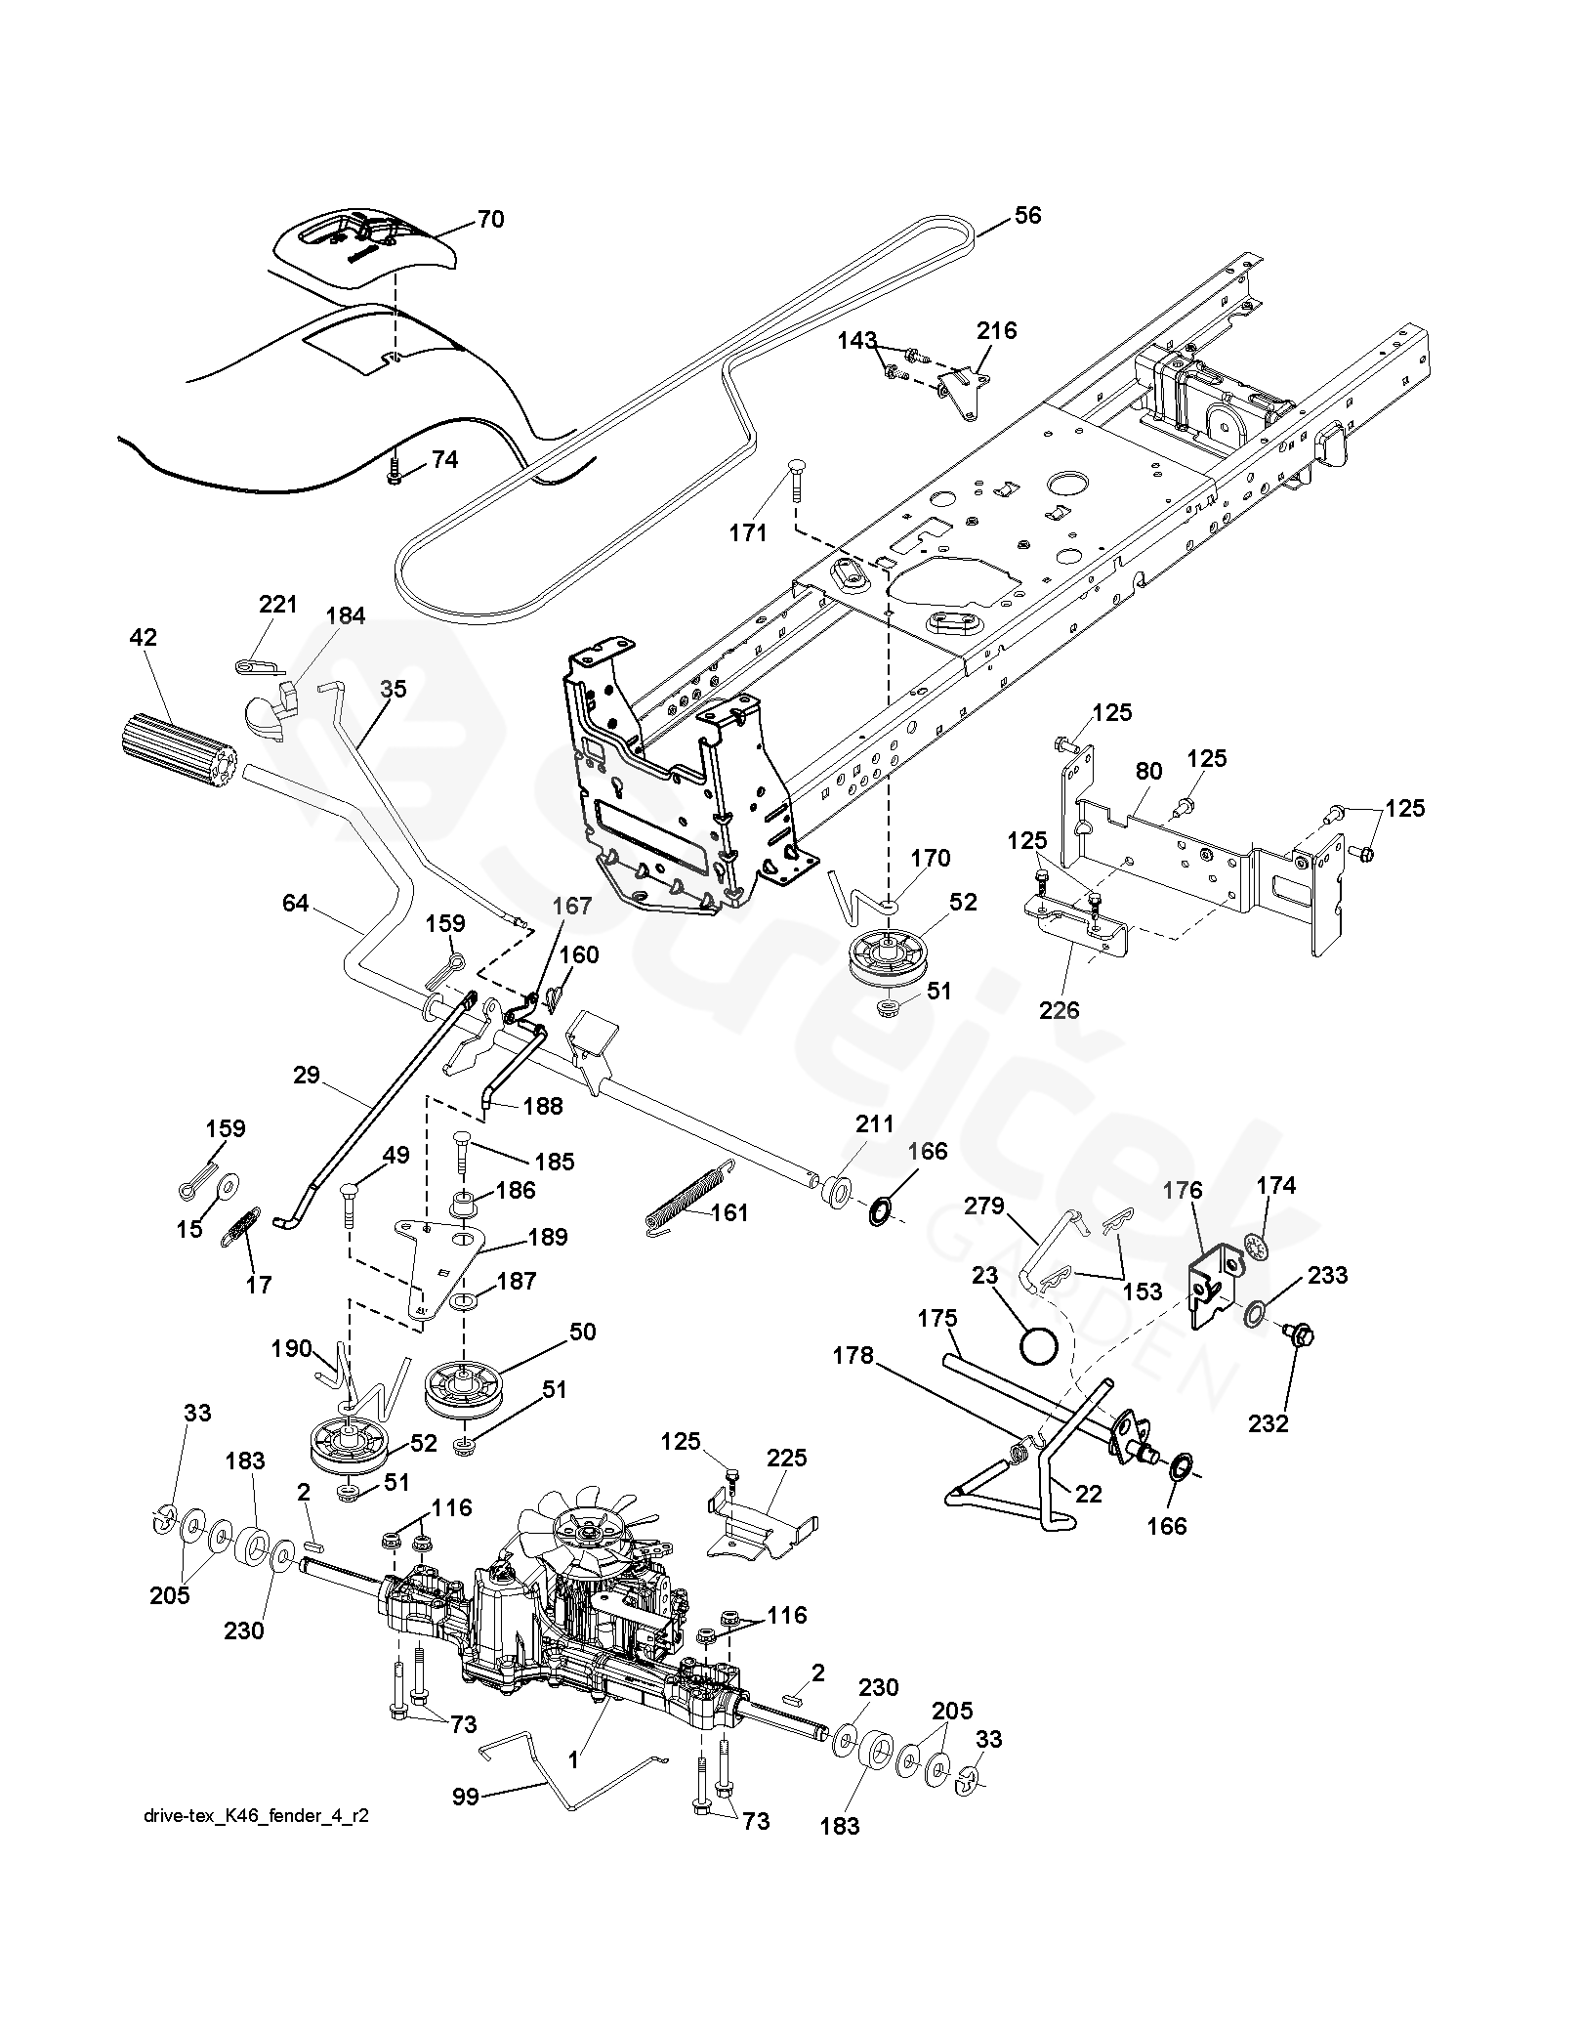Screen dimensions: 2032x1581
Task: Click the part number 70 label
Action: pos(490,219)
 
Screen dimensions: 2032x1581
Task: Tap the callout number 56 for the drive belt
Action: pos(1027,215)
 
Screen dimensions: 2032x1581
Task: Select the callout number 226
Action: pos(1059,1010)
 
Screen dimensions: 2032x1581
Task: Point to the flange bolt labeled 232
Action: pos(1300,1333)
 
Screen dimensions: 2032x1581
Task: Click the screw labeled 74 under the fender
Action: pos(394,473)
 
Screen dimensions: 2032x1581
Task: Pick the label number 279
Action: pos(983,1206)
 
